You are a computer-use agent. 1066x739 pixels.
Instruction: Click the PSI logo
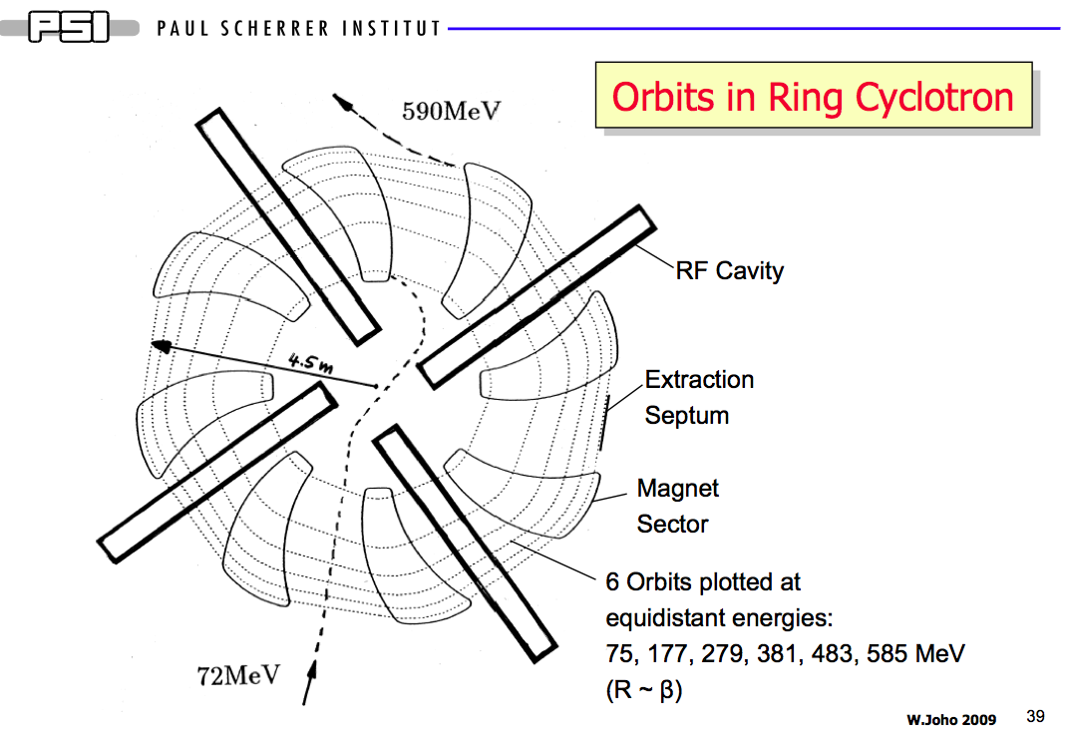coord(69,29)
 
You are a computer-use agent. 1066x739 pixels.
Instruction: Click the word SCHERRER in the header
coord(274,29)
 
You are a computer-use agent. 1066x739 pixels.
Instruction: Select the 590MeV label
coord(451,111)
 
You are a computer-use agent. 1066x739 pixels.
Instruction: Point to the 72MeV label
coord(238,676)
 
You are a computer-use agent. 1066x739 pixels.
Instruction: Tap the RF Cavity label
coord(730,270)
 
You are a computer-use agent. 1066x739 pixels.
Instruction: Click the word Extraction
coord(700,379)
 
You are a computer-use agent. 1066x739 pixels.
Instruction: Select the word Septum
coord(687,416)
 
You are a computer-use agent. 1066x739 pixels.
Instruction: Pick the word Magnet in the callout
coord(678,489)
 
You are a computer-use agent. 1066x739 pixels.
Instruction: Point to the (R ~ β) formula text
coord(644,690)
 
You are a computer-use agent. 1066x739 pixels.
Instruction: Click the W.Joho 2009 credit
coord(951,720)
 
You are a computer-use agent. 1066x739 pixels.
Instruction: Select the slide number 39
coord(1035,717)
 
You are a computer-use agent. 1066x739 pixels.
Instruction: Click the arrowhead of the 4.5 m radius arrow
coord(161,345)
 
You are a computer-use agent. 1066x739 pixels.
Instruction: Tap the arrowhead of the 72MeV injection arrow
coord(311,669)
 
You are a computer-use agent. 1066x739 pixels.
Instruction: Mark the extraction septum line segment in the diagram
coord(604,422)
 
